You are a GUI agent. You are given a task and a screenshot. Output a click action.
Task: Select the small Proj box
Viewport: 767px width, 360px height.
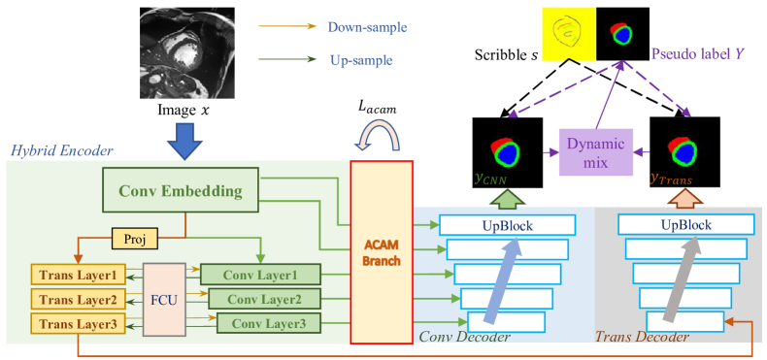coord(132,238)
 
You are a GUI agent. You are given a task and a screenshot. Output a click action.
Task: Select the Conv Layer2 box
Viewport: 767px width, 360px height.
coord(263,298)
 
